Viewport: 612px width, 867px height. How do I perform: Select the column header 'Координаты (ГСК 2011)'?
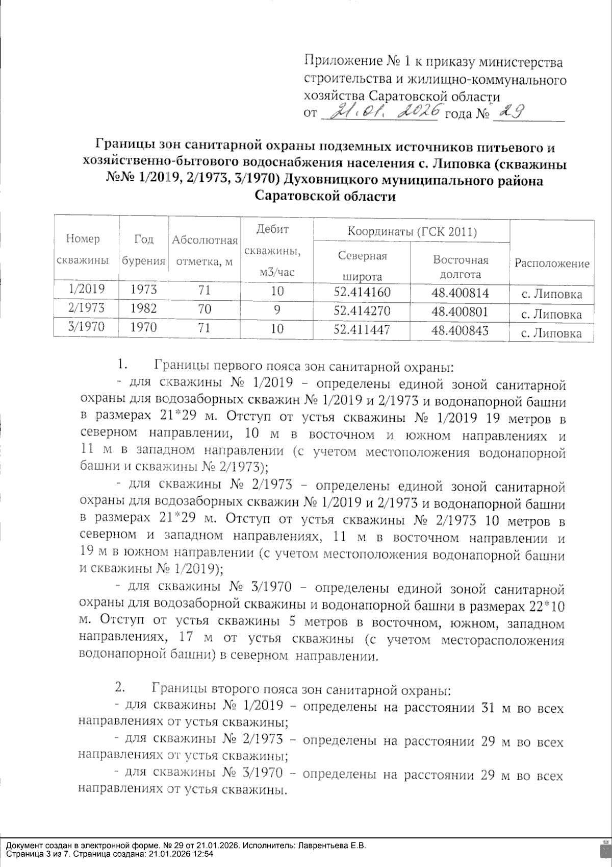point(412,232)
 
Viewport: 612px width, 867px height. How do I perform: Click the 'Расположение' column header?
point(552,263)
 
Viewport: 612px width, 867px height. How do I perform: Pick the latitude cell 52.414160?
point(362,293)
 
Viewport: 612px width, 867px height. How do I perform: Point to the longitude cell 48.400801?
point(460,311)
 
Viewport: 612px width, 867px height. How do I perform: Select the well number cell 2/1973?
point(86,308)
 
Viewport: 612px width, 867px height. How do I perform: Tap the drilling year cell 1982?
point(143,308)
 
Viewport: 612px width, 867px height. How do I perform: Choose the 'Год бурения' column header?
point(143,250)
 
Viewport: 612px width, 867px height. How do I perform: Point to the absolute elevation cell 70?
point(205,309)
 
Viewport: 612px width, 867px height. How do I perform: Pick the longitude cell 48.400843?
point(460,330)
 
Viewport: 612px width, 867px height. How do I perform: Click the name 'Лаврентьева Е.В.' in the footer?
point(331,846)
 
